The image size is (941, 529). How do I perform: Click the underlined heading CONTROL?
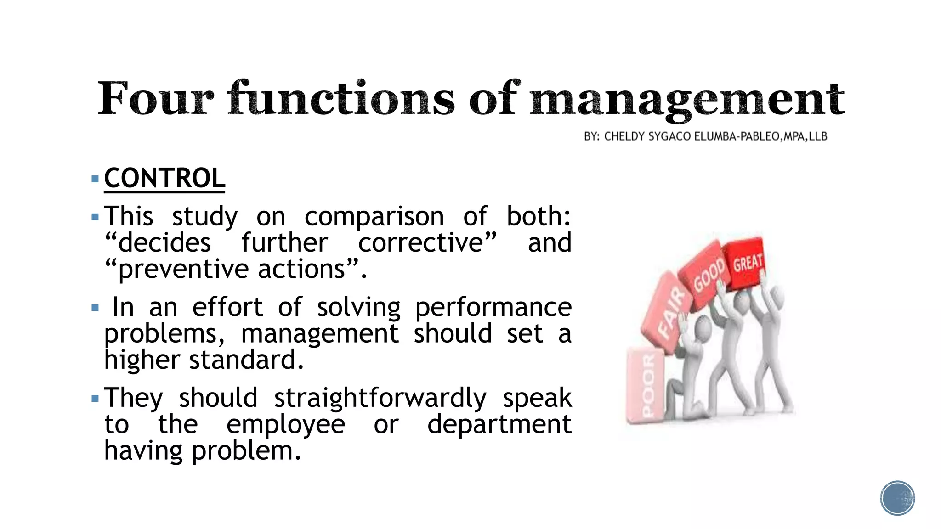[x=164, y=178]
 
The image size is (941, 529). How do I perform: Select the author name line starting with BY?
[x=705, y=136]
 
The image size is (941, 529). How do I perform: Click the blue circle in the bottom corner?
[x=897, y=498]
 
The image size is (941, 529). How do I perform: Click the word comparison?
[x=374, y=216]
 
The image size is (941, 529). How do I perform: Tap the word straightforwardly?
[x=380, y=398]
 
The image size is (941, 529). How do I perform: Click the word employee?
[x=285, y=424]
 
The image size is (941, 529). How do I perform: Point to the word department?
[x=499, y=424]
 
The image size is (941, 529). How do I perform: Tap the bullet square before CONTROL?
[x=95, y=179]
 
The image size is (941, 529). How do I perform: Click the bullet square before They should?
[x=95, y=398]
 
